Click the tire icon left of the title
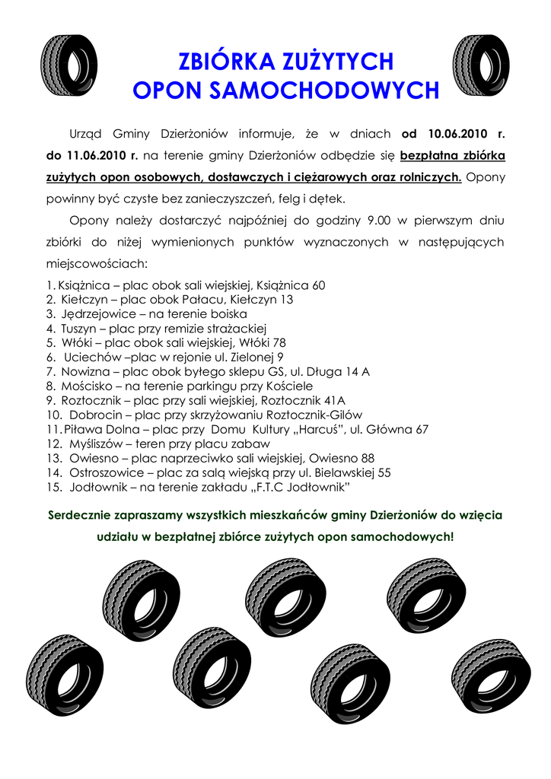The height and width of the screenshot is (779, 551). [68, 65]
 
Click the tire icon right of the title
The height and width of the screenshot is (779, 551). [481, 65]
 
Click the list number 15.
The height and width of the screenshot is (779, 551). [53, 487]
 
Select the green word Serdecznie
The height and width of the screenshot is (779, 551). [84, 515]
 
